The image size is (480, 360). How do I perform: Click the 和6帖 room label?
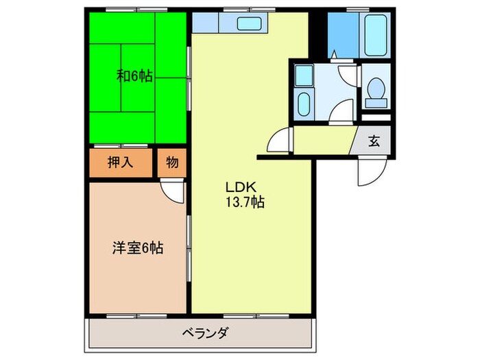coord(134,77)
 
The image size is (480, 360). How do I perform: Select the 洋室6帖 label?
coord(137,248)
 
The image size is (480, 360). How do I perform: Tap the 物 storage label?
coord(171,163)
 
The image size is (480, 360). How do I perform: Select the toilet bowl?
coord(375,91)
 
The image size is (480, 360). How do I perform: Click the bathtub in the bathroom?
coord(375,36)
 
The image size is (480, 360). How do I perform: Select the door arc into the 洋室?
coord(173,192)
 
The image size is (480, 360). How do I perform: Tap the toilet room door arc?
coord(349,76)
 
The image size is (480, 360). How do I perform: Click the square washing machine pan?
coord(304,76)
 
